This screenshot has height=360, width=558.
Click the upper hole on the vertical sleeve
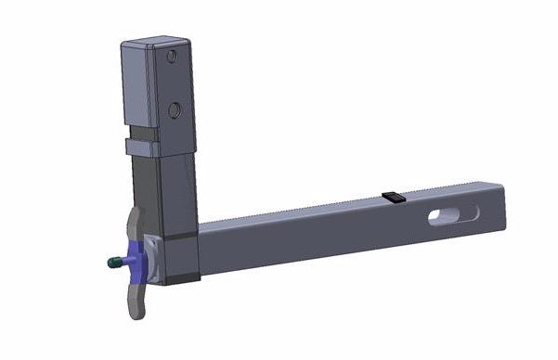click(172, 58)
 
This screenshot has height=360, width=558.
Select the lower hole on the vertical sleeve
click(174, 110)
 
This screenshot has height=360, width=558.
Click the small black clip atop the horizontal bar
click(393, 196)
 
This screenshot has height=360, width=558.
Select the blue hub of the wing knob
click(139, 259)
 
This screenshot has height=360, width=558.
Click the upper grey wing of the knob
click(136, 224)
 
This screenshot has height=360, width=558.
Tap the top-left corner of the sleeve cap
click(124, 44)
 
